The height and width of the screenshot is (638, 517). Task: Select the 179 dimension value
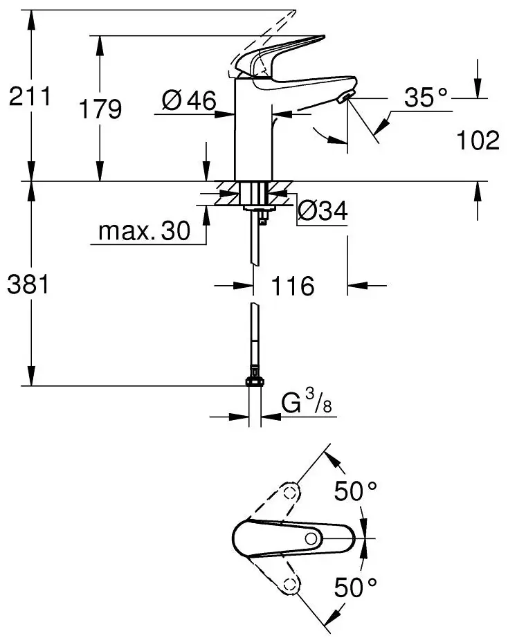tap(99, 109)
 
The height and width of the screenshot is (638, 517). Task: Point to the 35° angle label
tap(426, 98)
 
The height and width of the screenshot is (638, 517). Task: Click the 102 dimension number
tap(478, 140)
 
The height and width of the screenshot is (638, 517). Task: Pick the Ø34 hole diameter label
tap(322, 211)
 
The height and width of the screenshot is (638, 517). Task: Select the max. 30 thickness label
tap(143, 232)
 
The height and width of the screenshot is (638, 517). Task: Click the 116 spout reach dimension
tap(291, 285)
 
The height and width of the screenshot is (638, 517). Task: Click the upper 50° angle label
tap(356, 492)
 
